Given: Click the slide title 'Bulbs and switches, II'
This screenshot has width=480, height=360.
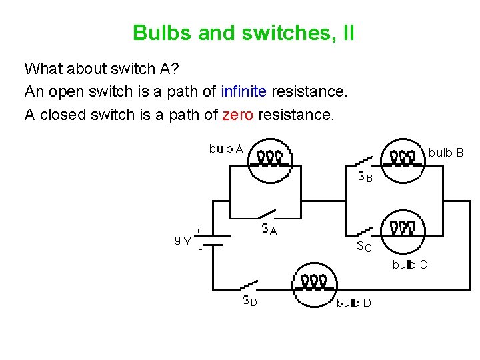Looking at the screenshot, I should tap(243, 33).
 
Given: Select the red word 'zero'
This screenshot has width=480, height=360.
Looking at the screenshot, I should tap(237, 115).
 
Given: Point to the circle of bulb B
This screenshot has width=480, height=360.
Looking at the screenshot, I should tap(403, 160).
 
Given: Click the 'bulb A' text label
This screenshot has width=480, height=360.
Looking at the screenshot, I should tap(227, 149).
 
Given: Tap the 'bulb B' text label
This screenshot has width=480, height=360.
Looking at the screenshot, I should tap(445, 153).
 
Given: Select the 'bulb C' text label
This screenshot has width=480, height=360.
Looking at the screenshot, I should tap(409, 265).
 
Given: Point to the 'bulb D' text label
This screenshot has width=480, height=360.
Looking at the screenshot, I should tap(353, 303).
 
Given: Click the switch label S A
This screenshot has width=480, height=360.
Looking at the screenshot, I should tap(269, 229).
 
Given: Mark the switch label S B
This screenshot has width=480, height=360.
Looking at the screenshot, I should tap(365, 177).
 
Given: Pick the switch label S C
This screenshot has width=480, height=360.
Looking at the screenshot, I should tap(364, 247).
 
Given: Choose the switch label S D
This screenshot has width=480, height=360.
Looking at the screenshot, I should tap(249, 300).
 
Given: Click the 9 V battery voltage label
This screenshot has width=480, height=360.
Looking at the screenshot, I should tap(183, 241).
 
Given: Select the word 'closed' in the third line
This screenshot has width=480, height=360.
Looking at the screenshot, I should tap(61, 115).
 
